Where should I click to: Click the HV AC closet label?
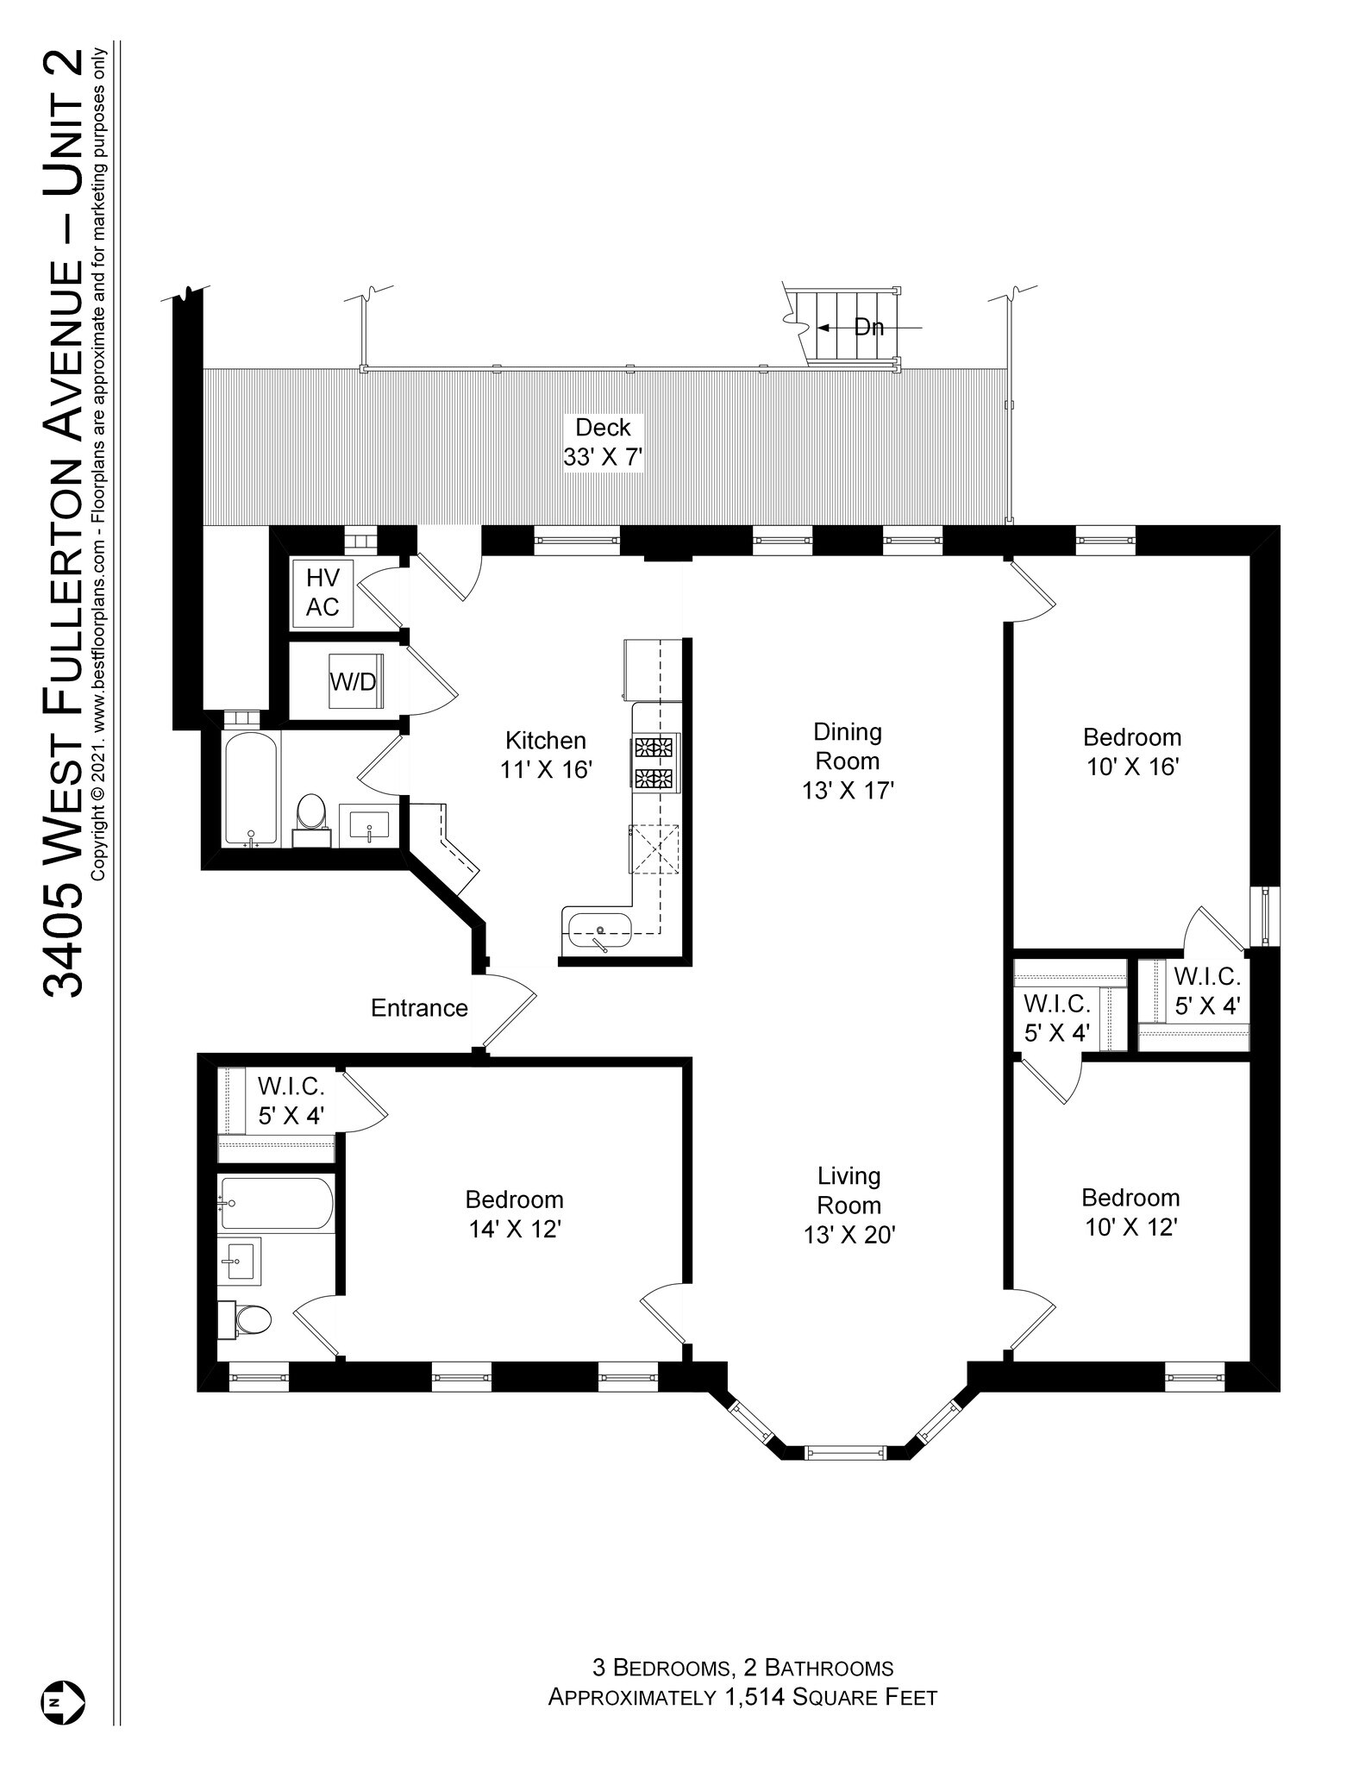(322, 592)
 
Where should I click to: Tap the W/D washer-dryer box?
(354, 681)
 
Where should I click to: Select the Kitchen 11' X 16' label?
(546, 755)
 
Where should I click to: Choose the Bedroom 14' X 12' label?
(515, 1214)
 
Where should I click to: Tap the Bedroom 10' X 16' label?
(1132, 752)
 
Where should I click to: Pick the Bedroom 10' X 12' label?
(1130, 1212)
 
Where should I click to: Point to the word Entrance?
(419, 1008)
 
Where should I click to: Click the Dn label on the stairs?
(869, 328)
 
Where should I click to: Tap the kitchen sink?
(600, 930)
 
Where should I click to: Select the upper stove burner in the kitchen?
(654, 747)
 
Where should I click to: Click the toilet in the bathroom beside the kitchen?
(310, 815)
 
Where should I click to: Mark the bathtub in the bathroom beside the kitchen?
(251, 788)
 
